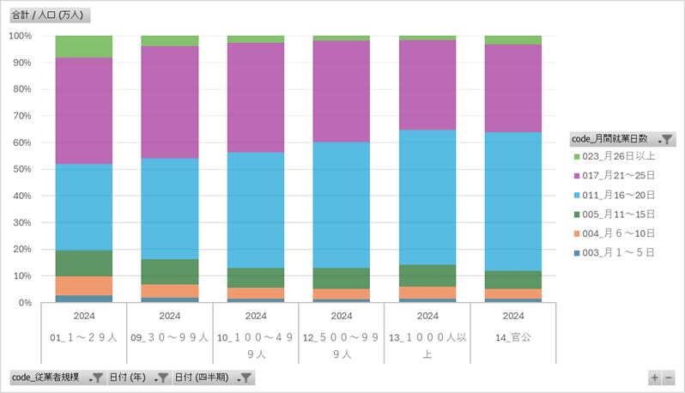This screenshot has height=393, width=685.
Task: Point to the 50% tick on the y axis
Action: pyautogui.click(x=21, y=169)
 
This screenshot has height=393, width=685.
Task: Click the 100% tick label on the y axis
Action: pyautogui.click(x=20, y=36)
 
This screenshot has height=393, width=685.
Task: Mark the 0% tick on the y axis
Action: pyautogui.click(x=25, y=303)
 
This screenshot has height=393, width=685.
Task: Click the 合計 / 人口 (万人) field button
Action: pyautogui.click(x=49, y=15)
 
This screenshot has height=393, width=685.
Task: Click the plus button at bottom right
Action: pyautogui.click(x=655, y=378)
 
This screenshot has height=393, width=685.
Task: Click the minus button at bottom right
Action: pyautogui.click(x=669, y=378)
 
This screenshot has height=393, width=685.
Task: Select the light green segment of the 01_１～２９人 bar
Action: pyautogui.click(x=83, y=46)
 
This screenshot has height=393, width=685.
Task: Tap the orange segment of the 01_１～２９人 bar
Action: pyautogui.click(x=83, y=286)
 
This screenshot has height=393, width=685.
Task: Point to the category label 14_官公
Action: pyautogui.click(x=513, y=337)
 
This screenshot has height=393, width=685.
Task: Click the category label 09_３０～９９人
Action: pyautogui.click(x=169, y=337)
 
